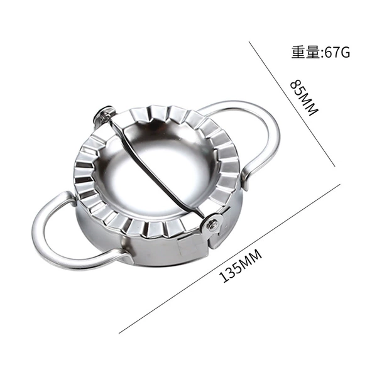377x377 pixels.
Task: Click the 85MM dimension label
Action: (x=304, y=97)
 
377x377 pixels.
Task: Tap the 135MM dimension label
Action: (x=241, y=266)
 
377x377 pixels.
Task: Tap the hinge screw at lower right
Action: (x=213, y=224)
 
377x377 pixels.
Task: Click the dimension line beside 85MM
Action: (x=292, y=104)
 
